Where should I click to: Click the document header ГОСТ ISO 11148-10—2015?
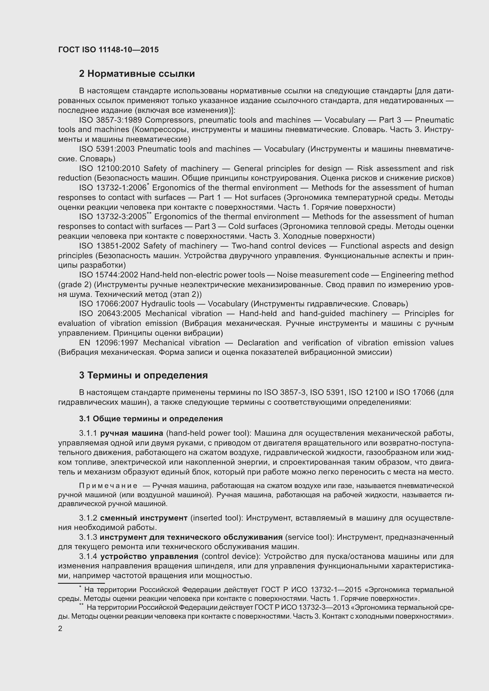(109, 50)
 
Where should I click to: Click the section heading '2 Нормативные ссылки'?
(137, 74)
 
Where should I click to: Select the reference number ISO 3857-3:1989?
(111, 120)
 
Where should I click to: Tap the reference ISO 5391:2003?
(107, 149)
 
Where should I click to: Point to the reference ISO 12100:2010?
(110, 168)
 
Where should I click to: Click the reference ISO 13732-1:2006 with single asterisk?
(113, 188)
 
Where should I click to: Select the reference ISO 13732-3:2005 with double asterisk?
(114, 217)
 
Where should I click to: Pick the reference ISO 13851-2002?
(110, 246)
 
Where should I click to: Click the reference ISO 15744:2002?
(109, 275)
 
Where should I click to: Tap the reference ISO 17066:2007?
(109, 304)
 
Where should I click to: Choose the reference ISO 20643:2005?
(110, 314)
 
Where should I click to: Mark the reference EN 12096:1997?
(109, 343)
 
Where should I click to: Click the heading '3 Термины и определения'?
(143, 375)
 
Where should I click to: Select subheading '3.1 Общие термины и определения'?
(151, 419)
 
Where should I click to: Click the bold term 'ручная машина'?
(132, 433)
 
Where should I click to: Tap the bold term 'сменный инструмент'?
(144, 518)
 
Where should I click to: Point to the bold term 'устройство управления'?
(149, 557)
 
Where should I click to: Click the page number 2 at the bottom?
(60, 629)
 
